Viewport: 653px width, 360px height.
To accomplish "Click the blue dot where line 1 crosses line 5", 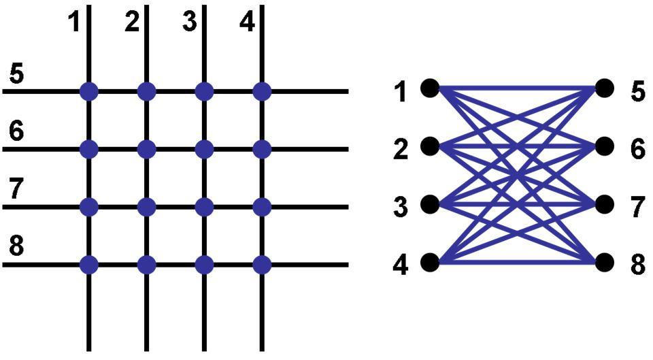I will [x=88, y=91].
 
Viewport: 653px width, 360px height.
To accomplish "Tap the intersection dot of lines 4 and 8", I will [x=262, y=264].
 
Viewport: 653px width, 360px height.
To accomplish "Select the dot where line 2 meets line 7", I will [x=146, y=206].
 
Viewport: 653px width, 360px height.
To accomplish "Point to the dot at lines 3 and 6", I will [x=204, y=148].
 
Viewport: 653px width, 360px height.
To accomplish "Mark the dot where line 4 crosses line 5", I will [x=262, y=91].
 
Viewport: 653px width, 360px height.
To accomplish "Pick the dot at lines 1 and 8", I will [x=88, y=264].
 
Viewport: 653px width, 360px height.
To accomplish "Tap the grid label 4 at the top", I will [x=247, y=22].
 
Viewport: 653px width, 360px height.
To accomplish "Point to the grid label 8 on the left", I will [x=16, y=247].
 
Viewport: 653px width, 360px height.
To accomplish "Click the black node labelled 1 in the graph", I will [x=429, y=88].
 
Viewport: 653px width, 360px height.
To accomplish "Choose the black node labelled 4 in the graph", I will [x=429, y=262].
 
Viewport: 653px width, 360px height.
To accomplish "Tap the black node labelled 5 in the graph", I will [x=605, y=88].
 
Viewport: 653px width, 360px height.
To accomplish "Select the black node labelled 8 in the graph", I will [x=605, y=262].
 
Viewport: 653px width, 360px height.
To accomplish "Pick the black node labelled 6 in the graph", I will [x=605, y=146].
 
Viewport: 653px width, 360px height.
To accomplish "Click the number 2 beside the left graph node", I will [x=401, y=149].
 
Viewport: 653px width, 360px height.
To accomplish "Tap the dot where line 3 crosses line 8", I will [x=204, y=264].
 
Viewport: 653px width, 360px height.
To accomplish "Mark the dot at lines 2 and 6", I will [x=146, y=148].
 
